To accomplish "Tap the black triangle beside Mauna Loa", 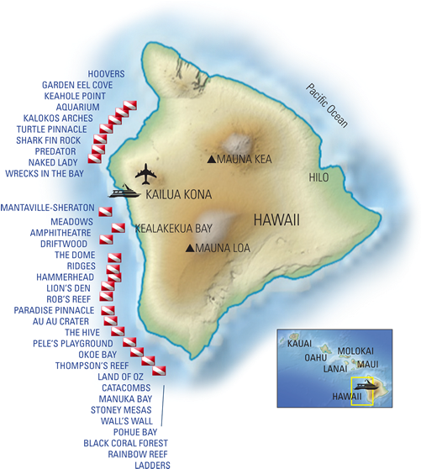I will (191, 248).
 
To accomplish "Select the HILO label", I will (318, 178).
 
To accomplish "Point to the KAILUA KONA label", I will (178, 194).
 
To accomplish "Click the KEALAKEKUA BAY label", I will (173, 228).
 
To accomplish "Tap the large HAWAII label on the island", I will (276, 219).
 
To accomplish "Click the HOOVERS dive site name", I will (106, 74).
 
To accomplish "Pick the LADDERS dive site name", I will (152, 464).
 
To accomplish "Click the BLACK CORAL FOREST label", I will (126, 442).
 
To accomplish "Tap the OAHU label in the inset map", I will (315, 356).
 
